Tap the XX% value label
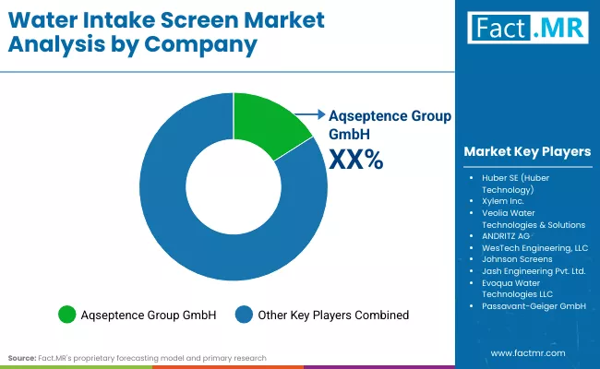[355, 160]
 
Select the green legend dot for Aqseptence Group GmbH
[66, 315]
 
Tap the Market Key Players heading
[527, 151]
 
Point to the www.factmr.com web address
[528, 352]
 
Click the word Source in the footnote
[22, 357]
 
